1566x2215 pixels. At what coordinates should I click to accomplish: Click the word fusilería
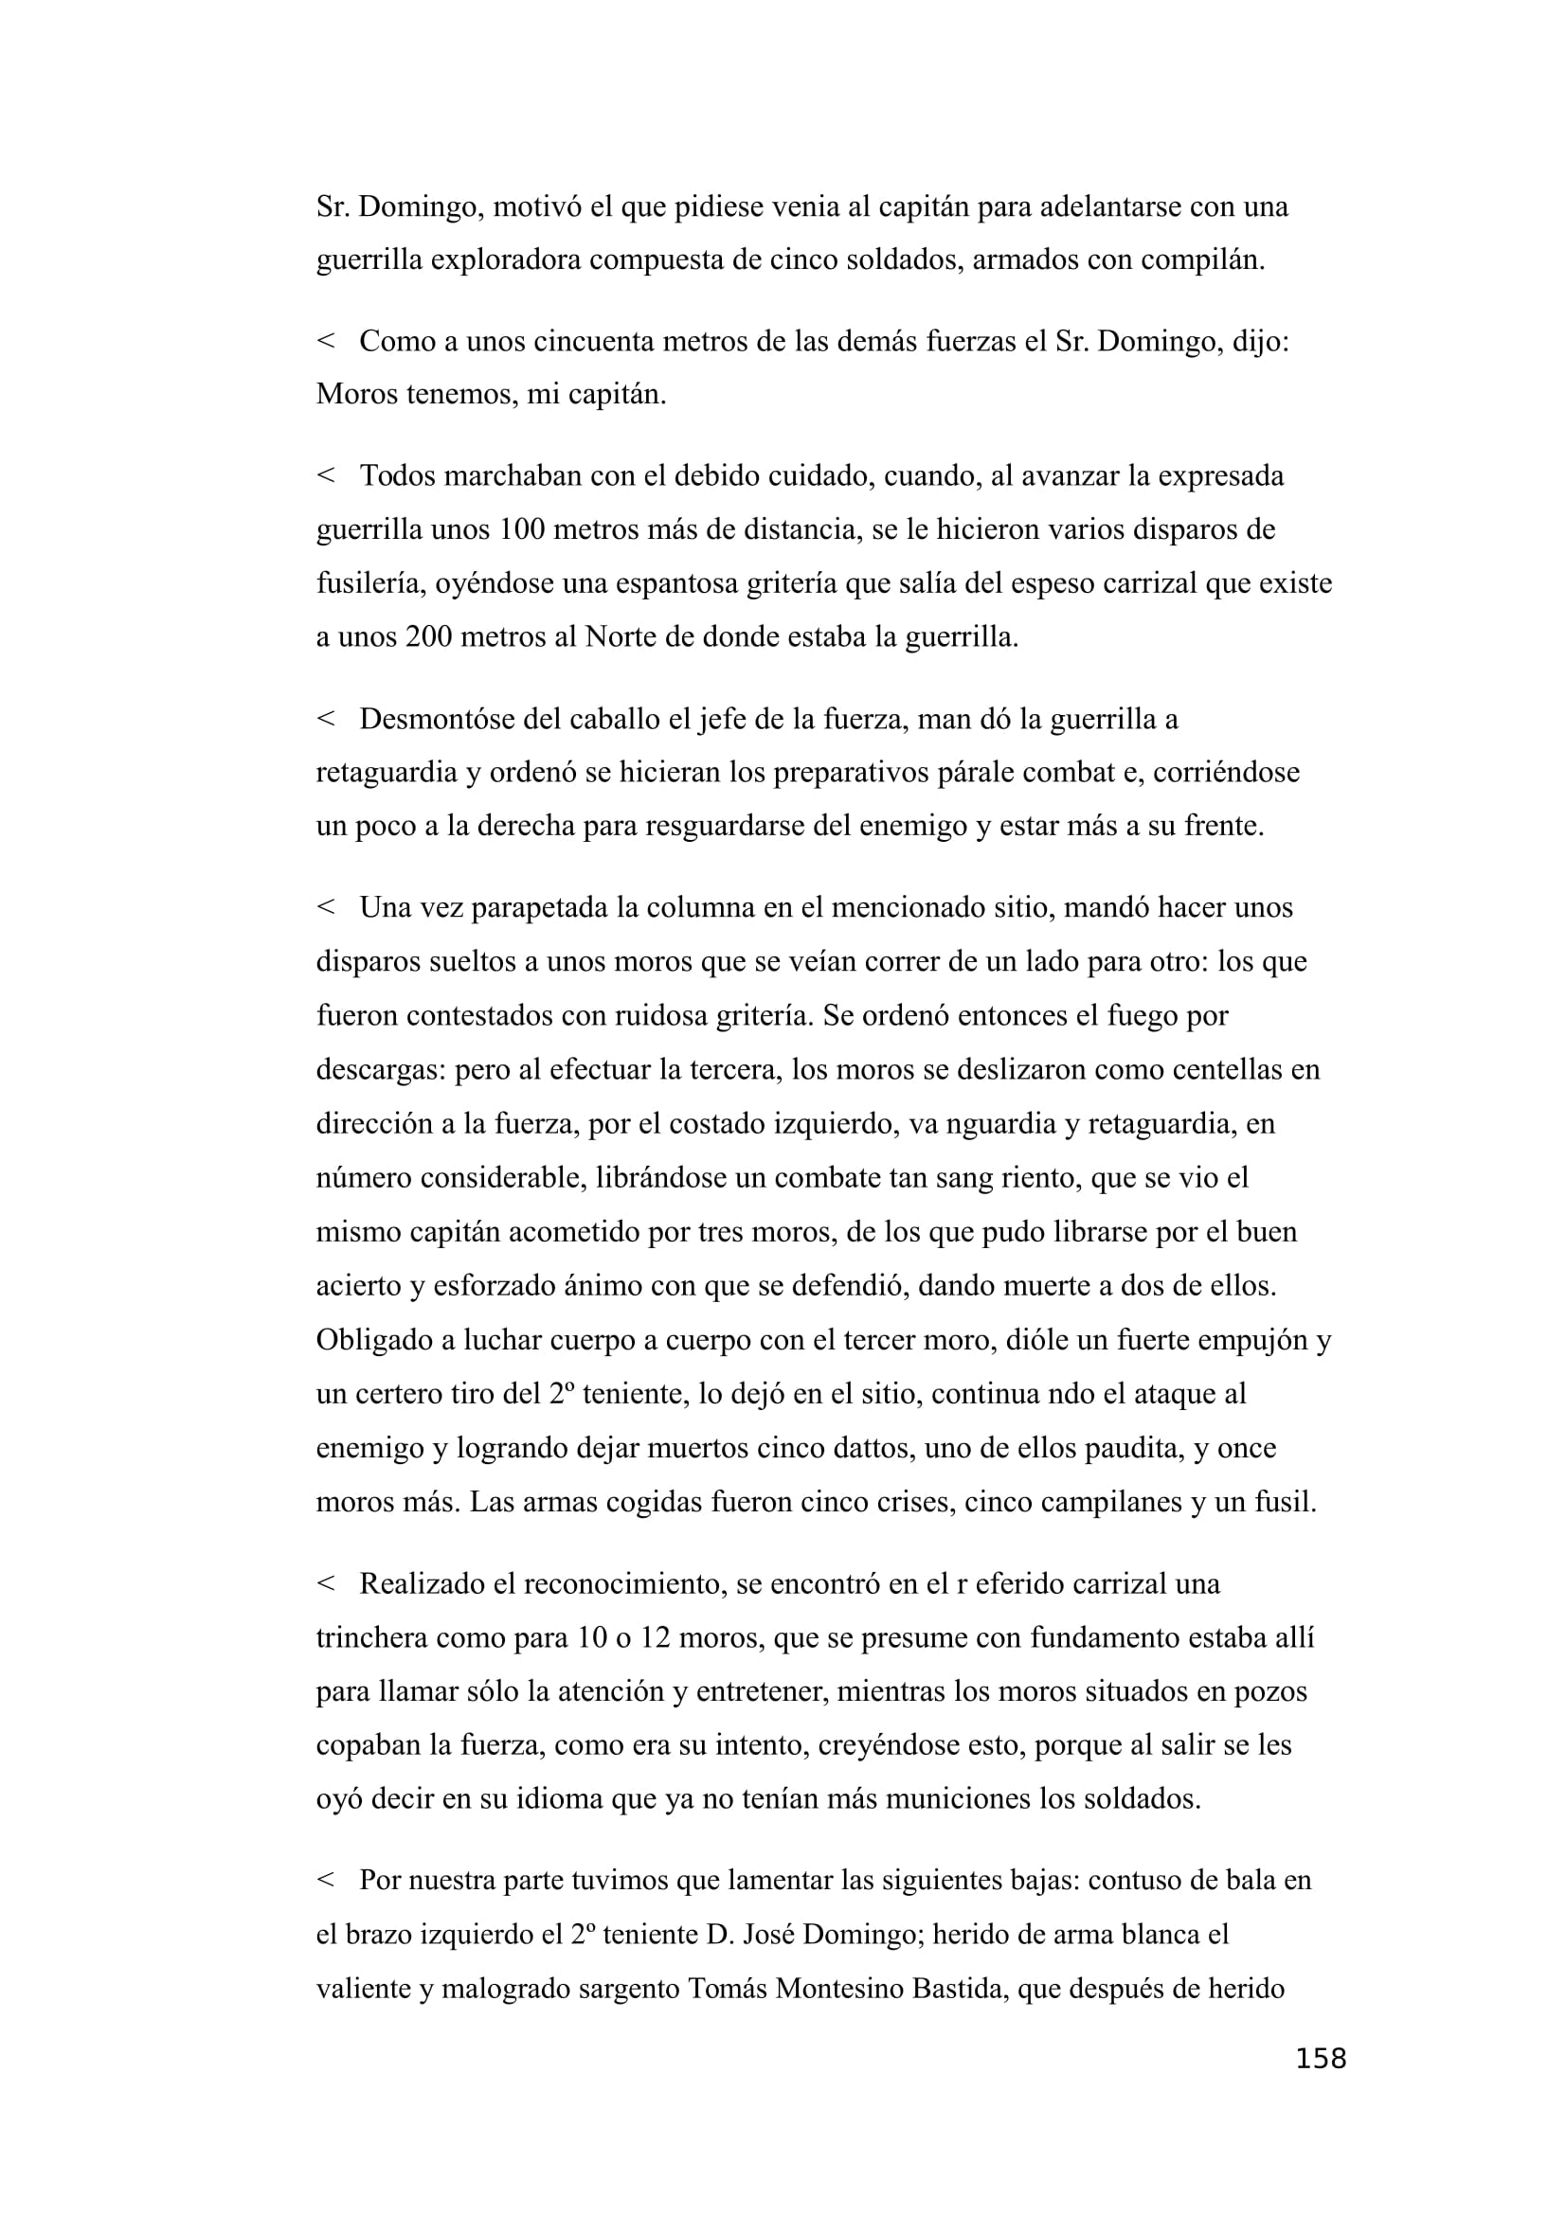point(370,583)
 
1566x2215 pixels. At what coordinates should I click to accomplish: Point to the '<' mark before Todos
point(325,475)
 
